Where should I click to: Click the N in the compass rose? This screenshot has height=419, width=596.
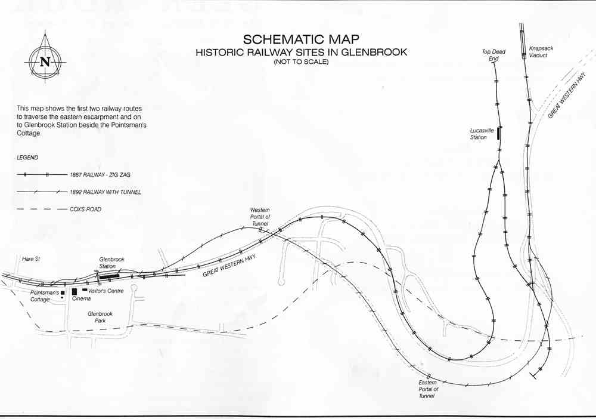coord(45,61)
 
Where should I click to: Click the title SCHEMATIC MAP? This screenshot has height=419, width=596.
coord(301,39)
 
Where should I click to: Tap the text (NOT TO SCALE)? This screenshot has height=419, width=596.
coord(301,61)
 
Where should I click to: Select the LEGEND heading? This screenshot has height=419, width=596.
coord(27,158)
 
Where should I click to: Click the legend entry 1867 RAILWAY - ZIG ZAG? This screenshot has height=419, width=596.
coord(100,175)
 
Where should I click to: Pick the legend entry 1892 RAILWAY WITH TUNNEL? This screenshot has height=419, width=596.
coord(105,192)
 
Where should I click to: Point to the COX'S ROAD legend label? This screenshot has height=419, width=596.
coord(85,209)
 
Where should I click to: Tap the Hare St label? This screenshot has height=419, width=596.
coord(31,259)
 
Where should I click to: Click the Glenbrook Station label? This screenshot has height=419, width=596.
coord(112,263)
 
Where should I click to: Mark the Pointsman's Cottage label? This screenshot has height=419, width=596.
coord(45,296)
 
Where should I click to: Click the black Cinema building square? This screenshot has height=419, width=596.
coord(74,291)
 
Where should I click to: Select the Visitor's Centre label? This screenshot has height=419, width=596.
coord(106,291)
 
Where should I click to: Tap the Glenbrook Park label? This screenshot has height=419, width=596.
coord(100,317)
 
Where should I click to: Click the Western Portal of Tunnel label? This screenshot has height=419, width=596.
coord(260,217)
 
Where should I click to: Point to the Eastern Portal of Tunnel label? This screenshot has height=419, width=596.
coord(428,389)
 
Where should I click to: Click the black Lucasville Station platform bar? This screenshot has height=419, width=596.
coord(499,134)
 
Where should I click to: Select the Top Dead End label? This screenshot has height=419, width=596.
coord(493,55)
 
